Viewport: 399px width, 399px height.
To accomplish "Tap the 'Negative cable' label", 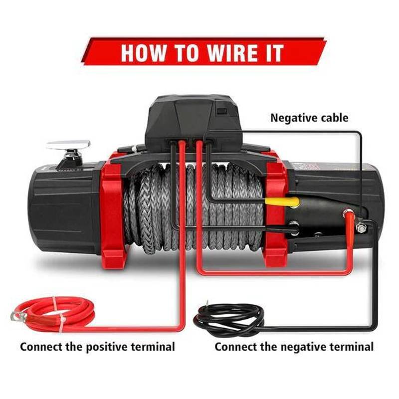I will (309, 118).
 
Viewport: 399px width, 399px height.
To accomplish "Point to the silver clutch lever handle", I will (68, 145).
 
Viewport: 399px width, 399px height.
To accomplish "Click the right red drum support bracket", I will (275, 209).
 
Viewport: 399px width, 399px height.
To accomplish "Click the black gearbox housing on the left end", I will (64, 202).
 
